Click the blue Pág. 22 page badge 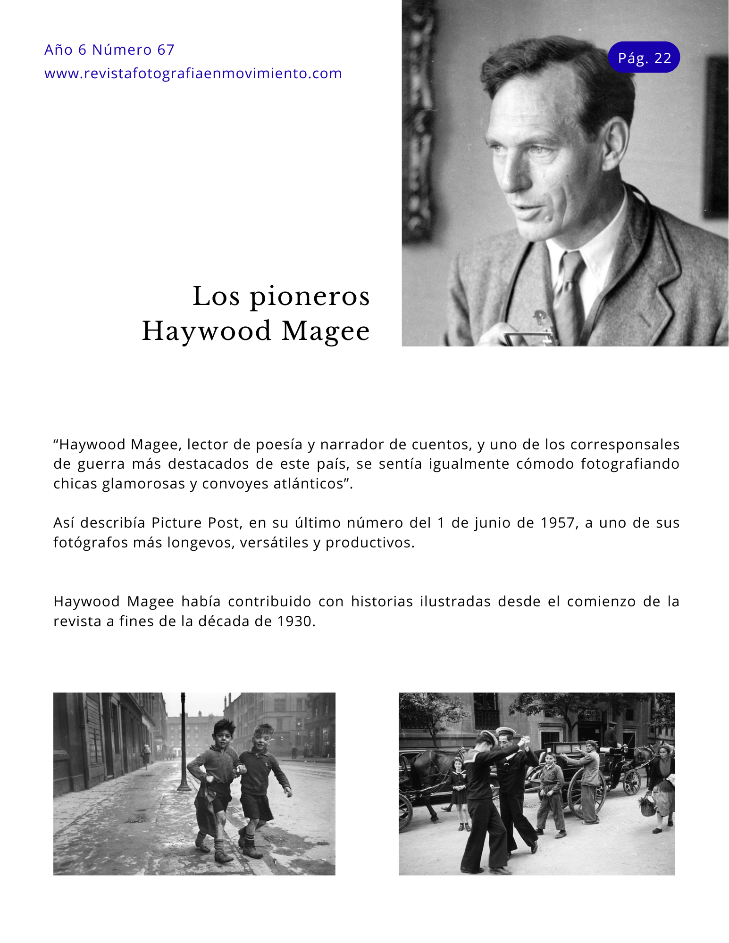click(644, 58)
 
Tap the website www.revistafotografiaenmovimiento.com click(193, 74)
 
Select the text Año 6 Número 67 click(109, 50)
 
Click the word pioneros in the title click(310, 297)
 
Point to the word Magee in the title click(326, 331)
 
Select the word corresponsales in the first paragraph click(625, 445)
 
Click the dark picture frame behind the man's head click(716, 137)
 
